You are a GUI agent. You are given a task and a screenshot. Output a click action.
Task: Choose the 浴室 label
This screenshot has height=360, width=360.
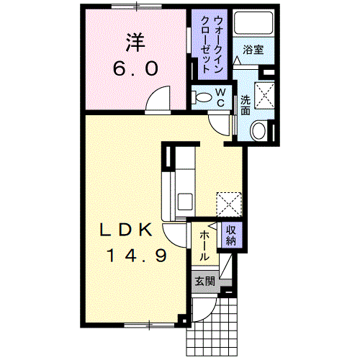tap(251, 50)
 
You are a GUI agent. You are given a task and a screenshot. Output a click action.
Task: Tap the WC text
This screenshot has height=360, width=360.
tap(220, 96)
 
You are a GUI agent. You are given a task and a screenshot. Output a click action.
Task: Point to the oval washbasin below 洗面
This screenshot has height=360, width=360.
tap(258, 130)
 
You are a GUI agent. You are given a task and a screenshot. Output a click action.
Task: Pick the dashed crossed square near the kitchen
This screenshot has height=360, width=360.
tap(229, 202)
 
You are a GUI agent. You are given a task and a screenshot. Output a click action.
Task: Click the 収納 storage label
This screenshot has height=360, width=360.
tap(231, 236)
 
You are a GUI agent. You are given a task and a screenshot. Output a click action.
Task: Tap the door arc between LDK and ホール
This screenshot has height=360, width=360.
tap(175, 233)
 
